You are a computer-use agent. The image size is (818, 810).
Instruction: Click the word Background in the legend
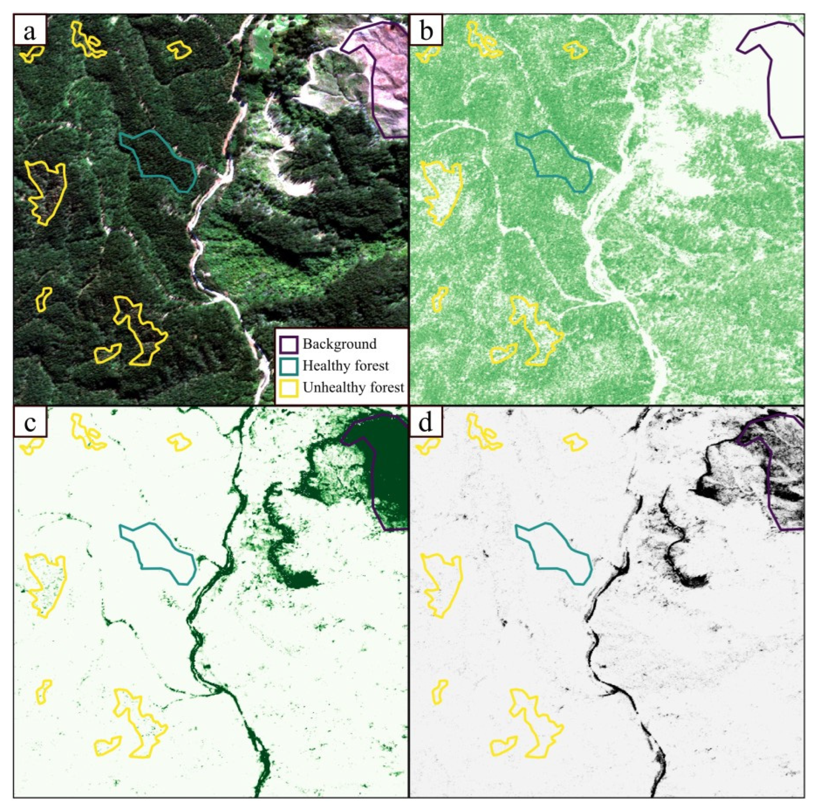click(339, 344)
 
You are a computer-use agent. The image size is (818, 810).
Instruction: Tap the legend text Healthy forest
click(345, 366)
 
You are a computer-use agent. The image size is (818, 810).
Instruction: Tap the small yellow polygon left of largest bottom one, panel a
click(107, 354)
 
